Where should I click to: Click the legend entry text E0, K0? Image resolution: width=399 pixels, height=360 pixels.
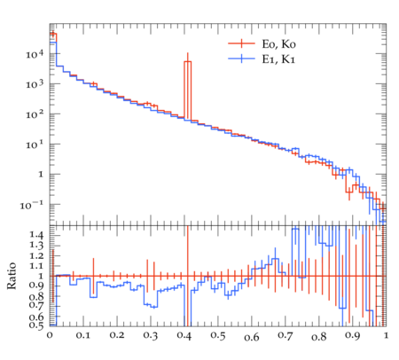(278, 44)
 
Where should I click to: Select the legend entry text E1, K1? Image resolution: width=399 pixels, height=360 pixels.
(278, 59)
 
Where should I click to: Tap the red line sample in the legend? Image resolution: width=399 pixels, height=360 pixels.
(241, 43)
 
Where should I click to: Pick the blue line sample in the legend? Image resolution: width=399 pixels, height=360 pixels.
(241, 59)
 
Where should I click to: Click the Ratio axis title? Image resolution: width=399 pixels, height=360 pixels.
(12, 276)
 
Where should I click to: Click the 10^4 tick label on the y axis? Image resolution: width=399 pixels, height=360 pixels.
(35, 54)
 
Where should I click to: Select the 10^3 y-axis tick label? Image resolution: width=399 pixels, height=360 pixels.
(35, 84)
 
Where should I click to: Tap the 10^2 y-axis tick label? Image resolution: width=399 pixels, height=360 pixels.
(35, 114)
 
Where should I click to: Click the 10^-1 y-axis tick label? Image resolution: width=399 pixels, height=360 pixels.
(32, 205)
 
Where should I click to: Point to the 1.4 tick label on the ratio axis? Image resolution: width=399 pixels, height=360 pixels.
(36, 235)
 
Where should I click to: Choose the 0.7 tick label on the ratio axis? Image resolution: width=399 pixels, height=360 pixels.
(36, 304)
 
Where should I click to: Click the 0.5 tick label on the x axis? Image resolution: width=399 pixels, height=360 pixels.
(218, 336)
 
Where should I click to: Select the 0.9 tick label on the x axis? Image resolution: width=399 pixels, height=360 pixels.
(352, 336)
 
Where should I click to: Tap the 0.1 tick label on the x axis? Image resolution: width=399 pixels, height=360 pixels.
(83, 336)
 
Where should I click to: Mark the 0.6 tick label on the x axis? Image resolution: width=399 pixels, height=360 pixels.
(252, 337)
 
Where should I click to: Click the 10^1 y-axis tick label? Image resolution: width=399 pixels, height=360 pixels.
(35, 145)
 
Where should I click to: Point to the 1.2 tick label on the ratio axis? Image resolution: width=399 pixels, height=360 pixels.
(36, 256)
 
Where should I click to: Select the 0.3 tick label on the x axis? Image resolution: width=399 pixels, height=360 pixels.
(151, 336)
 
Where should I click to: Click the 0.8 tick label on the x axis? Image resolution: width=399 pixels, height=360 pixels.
(318, 337)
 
